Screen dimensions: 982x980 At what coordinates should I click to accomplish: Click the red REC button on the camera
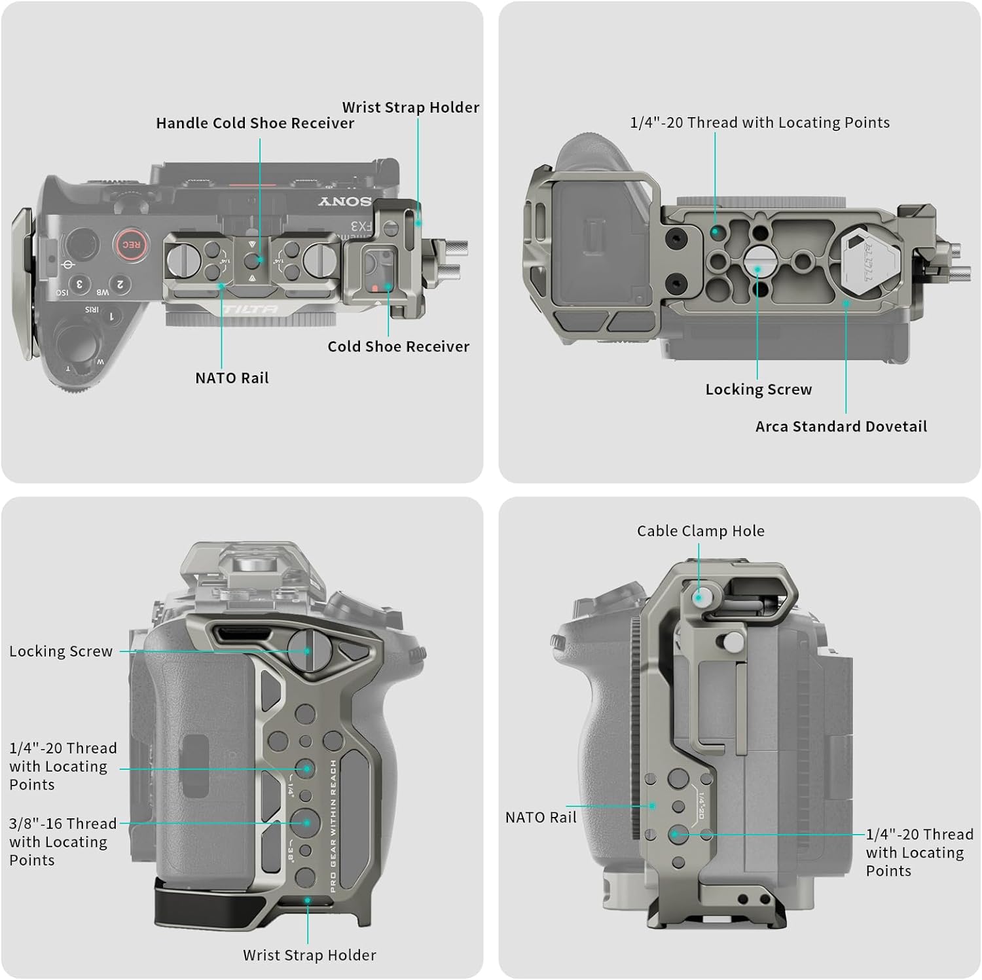click(131, 245)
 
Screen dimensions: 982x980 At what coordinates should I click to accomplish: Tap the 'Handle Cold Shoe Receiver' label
click(255, 123)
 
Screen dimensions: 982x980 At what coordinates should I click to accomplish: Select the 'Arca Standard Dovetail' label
click(841, 426)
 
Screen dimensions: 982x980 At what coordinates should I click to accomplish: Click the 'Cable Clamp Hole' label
click(700, 531)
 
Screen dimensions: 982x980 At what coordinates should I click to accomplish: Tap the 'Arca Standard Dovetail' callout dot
click(846, 303)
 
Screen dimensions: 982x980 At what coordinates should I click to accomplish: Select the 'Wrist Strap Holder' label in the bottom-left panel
click(310, 955)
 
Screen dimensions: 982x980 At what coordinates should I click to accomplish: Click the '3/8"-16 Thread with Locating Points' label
click(63, 842)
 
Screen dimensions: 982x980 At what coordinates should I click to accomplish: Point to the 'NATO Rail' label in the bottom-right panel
click(541, 818)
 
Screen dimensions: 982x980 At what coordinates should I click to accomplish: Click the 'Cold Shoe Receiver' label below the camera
click(399, 346)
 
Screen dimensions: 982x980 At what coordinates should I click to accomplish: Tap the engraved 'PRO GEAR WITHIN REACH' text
click(333, 826)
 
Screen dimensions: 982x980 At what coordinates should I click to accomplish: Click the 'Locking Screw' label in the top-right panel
click(759, 390)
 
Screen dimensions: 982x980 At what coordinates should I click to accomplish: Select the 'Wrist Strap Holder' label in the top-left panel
click(410, 107)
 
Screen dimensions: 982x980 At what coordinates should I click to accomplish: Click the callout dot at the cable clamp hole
click(699, 596)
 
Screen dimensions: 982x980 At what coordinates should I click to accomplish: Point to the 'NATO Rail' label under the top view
click(232, 378)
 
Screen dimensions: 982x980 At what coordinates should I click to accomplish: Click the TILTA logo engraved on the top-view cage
click(250, 309)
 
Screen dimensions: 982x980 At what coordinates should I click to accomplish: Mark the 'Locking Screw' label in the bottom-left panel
click(61, 651)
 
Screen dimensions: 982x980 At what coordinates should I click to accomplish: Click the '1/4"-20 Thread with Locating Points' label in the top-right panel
click(759, 122)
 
